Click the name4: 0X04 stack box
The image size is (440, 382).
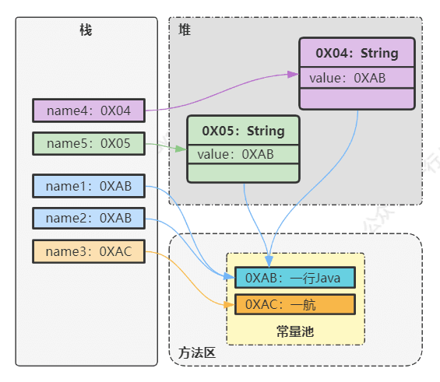[89, 110]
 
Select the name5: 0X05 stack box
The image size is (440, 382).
[89, 143]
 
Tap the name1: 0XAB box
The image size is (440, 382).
[89, 186]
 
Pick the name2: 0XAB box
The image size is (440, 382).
[89, 218]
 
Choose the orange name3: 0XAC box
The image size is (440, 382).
[89, 251]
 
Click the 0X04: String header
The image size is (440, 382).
[357, 53]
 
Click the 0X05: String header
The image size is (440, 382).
[243, 131]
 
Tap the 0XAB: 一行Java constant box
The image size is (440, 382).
[295, 278]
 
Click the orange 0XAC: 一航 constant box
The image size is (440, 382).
[295, 304]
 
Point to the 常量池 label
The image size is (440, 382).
[295, 331]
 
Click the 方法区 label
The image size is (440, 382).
[197, 352]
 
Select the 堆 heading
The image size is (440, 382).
[185, 30]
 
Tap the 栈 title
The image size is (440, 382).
[86, 30]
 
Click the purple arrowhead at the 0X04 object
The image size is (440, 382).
[294, 74]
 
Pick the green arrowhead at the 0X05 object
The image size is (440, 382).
[181, 149]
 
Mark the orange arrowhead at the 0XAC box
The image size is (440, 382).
[229, 305]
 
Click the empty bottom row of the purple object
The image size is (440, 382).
[357, 99]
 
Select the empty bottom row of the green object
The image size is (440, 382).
[243, 173]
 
